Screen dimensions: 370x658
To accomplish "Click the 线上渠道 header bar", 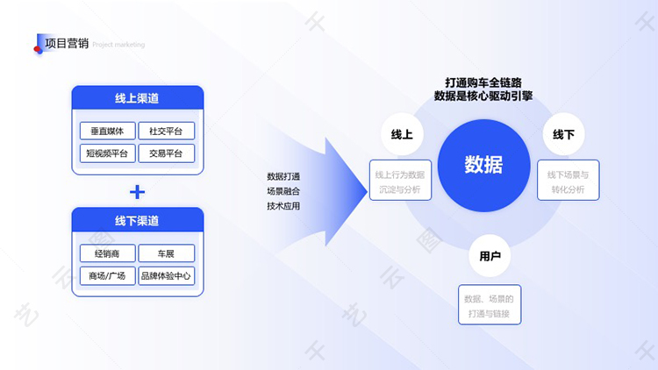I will coord(137,98).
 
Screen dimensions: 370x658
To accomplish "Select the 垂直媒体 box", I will coord(108,132).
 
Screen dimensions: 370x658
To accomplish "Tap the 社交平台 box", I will coord(166,132).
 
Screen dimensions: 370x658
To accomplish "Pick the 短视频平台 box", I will coord(108,153).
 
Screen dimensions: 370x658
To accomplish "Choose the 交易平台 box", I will coord(166,153).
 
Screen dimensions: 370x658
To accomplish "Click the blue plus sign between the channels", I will coord(137,191).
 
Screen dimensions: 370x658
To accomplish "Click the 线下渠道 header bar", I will coord(137,220).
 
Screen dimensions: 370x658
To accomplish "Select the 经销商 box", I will coord(108,253).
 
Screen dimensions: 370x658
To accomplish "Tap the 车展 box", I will coord(166,253).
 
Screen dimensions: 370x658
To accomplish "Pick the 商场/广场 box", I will coord(108,275).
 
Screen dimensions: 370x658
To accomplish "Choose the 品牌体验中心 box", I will coord(166,275).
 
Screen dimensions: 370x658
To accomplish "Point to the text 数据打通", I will coord(283,175).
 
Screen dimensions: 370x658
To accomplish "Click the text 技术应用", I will coord(283,206).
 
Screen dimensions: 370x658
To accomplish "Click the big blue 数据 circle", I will coord(483,164).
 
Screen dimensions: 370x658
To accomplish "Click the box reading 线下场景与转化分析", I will coord(568,181).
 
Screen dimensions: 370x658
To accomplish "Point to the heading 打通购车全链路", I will coord(483,82).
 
